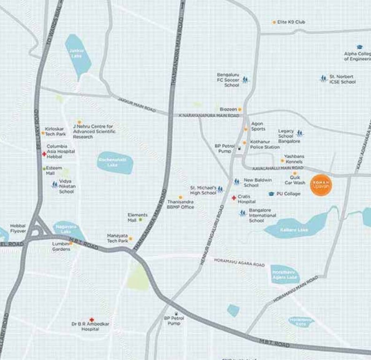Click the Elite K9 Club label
coord(291,22)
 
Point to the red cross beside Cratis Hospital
coord(234,198)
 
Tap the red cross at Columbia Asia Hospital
coord(44,154)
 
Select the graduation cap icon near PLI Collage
coord(271,194)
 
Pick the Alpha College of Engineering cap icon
coord(360,47)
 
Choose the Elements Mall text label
coord(138,217)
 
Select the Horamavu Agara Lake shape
coord(285,274)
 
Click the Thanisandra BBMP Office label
coord(181,204)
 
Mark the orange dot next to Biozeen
coord(240,109)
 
